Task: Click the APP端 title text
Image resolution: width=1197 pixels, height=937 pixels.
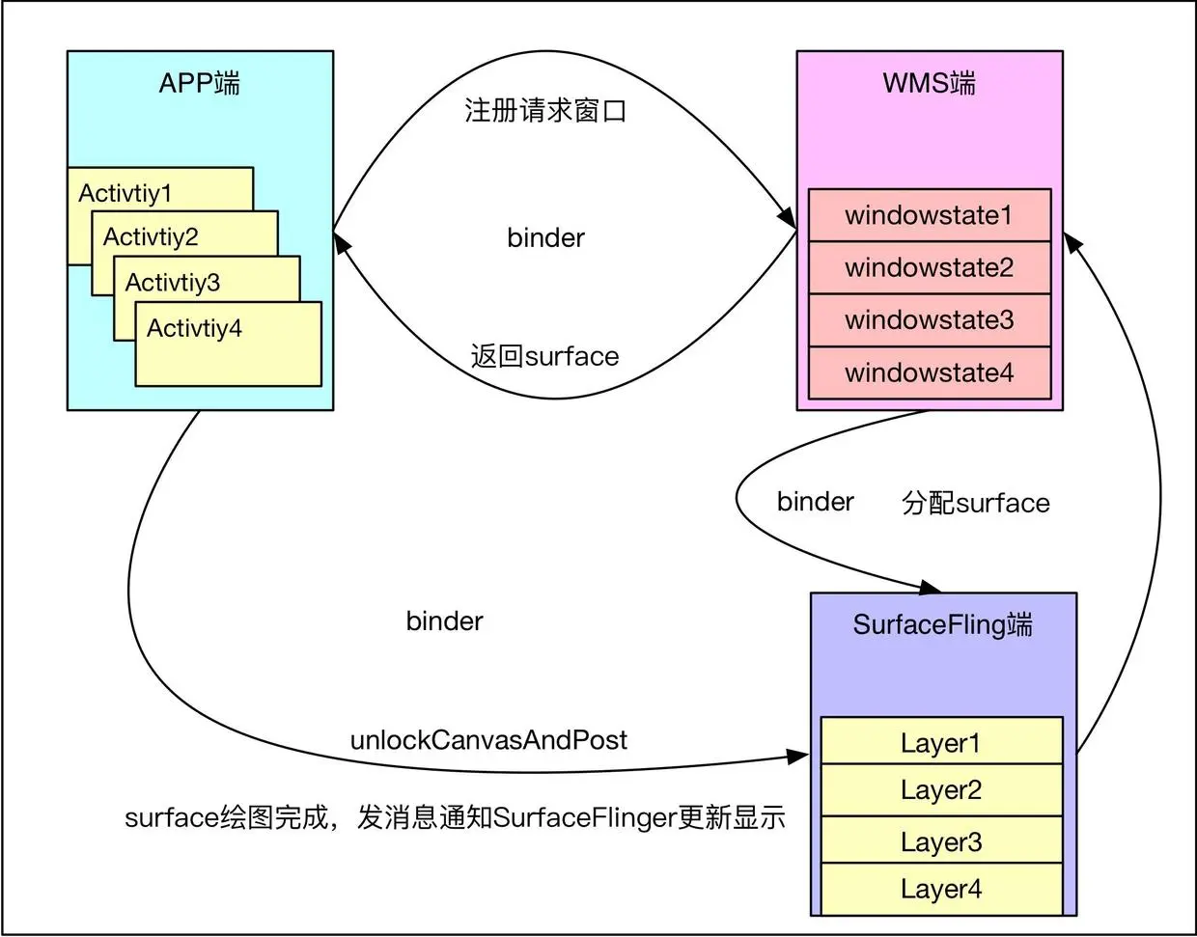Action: pos(200,83)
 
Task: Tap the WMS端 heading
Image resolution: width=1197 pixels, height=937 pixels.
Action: pos(930,83)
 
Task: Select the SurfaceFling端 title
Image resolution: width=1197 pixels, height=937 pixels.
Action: pos(943,625)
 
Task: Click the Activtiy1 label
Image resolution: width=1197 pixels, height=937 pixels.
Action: pos(125,193)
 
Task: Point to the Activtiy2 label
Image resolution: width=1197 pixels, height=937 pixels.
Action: pos(151,237)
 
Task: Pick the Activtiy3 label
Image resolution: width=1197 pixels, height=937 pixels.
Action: pos(173,283)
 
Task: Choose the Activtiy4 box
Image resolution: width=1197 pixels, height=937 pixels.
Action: pos(229,344)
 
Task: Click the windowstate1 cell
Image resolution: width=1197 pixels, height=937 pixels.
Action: pos(930,215)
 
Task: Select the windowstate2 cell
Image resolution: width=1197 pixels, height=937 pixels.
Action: pos(930,267)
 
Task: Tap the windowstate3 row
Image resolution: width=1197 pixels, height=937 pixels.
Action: pos(930,320)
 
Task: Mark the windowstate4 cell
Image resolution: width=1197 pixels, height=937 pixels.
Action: pos(930,372)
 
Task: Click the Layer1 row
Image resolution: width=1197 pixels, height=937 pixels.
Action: pos(942,740)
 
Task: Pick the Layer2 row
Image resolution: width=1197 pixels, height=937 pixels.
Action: pos(942,790)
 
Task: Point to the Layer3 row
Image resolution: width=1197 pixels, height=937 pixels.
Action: pos(942,840)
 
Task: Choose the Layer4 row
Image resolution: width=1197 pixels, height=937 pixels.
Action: pos(942,889)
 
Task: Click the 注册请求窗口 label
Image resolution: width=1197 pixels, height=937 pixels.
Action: pos(545,111)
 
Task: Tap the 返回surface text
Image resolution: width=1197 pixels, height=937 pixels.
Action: pos(544,356)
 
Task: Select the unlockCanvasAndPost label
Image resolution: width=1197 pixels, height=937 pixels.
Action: pos(488,740)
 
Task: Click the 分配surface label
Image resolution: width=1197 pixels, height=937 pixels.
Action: pos(976,503)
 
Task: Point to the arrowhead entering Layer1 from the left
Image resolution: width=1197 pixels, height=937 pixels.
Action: pos(797,757)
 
